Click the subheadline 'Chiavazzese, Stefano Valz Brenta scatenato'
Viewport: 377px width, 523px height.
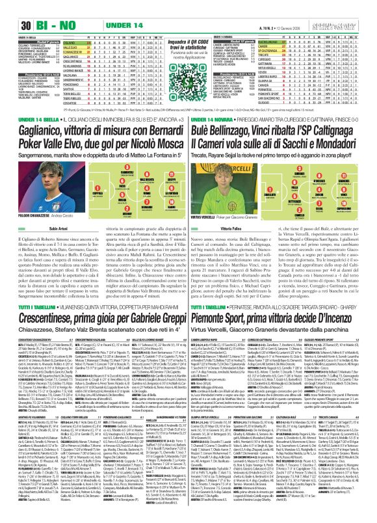tap(94, 310)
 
